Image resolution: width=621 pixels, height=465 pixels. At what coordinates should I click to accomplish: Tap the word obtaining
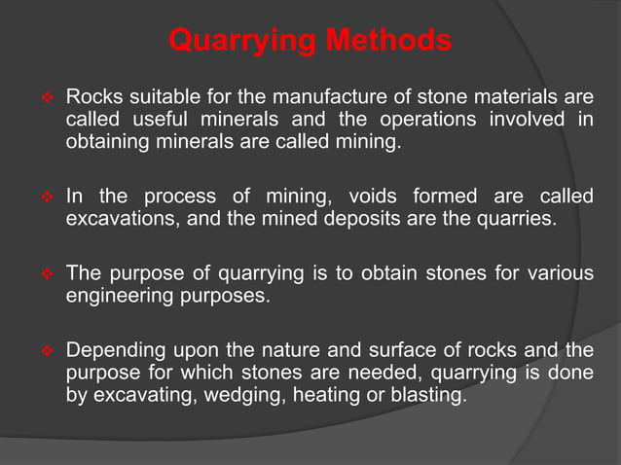pos(108,143)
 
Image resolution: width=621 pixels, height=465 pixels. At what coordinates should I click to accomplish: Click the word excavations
pos(122,219)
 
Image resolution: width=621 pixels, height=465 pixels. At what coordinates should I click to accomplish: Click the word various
pos(559,272)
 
